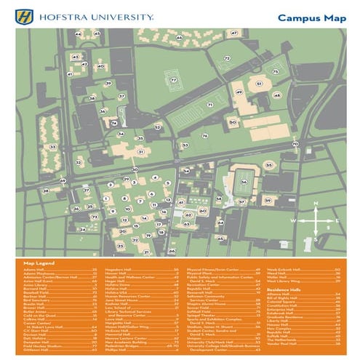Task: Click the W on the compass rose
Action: coord(295,219)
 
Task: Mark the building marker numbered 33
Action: coord(52,148)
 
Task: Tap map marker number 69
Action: coord(63,180)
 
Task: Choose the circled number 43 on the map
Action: coord(75,56)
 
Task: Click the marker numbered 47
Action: coord(233,33)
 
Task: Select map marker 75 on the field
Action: coord(275,72)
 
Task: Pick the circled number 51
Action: coord(259,84)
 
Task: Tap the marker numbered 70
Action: coord(295,144)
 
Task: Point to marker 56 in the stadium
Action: coord(244,182)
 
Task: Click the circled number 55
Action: coord(269,165)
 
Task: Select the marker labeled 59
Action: coord(268,200)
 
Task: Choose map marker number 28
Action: coord(46,191)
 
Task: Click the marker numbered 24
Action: coord(82,229)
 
